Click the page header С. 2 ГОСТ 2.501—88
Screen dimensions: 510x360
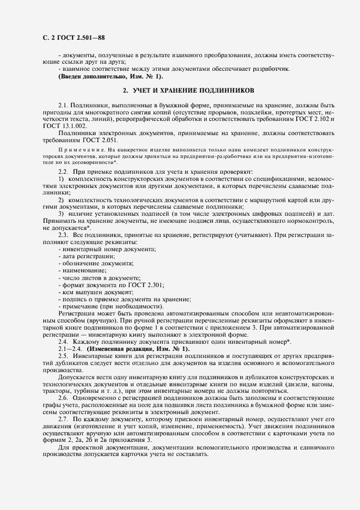click(66, 38)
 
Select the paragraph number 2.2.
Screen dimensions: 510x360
click(64, 171)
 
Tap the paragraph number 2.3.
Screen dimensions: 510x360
click(64, 234)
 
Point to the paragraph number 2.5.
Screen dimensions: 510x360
click(64, 355)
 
